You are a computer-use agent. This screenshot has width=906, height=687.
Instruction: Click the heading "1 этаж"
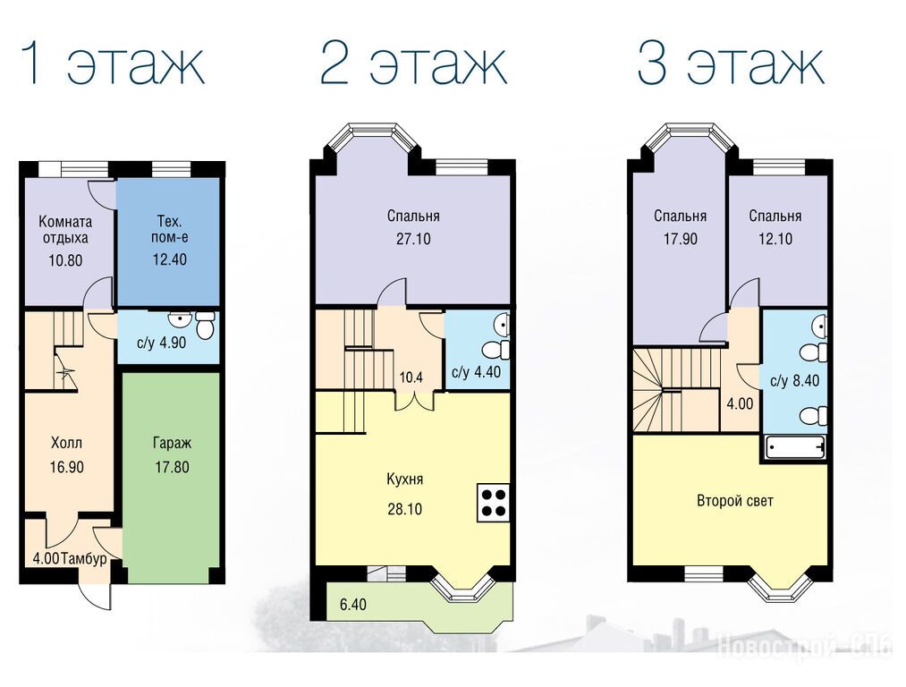[x=113, y=63]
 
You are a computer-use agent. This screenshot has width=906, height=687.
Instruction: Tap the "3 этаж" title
[x=731, y=63]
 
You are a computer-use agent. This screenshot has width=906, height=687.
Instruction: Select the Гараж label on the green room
[x=173, y=444]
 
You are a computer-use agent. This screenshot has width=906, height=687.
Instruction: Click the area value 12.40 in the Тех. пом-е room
[x=170, y=259]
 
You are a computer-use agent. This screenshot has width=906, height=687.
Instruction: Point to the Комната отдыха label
[x=65, y=229]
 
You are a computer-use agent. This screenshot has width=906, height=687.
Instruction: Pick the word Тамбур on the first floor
[x=84, y=559]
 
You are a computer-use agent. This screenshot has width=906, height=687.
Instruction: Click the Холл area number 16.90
[x=67, y=467]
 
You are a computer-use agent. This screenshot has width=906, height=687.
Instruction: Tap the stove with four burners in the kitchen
[x=493, y=502]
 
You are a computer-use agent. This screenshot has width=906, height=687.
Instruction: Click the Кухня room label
[x=404, y=479]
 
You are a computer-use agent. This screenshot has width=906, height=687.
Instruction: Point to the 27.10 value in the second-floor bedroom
[x=414, y=239]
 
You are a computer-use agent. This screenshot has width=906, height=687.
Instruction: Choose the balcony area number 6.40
[x=353, y=605]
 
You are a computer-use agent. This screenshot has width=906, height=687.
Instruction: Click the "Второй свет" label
[x=735, y=501]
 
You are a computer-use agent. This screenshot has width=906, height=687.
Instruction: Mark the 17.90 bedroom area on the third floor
[x=681, y=239]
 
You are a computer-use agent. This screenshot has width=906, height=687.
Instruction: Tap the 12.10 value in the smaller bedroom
[x=775, y=239]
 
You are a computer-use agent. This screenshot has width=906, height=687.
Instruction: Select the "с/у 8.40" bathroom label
[x=794, y=381]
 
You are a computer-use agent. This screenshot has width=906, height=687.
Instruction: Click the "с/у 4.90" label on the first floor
[x=161, y=343]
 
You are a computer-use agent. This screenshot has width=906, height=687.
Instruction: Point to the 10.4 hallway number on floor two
[x=411, y=377]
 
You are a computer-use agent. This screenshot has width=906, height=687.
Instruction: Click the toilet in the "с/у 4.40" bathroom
[x=497, y=350]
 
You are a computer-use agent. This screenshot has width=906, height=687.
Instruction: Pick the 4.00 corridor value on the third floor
[x=741, y=403]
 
